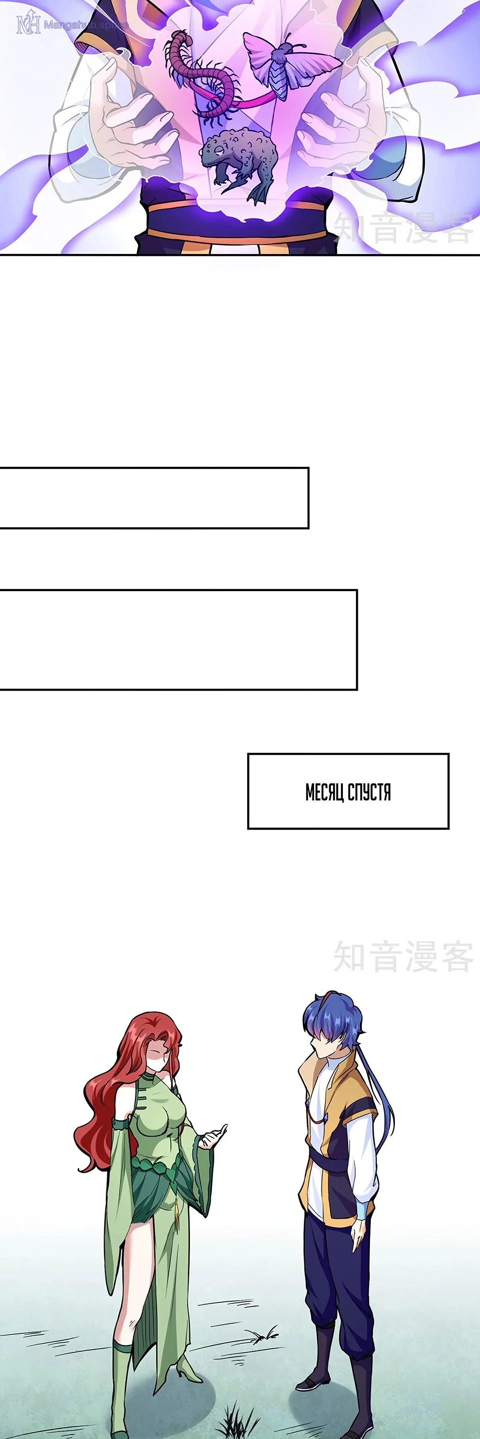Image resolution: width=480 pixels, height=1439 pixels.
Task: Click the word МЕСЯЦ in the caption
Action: [325, 792]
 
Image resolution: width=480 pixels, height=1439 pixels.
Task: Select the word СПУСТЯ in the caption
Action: [369, 792]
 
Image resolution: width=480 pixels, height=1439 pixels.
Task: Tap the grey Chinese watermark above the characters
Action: [404, 957]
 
